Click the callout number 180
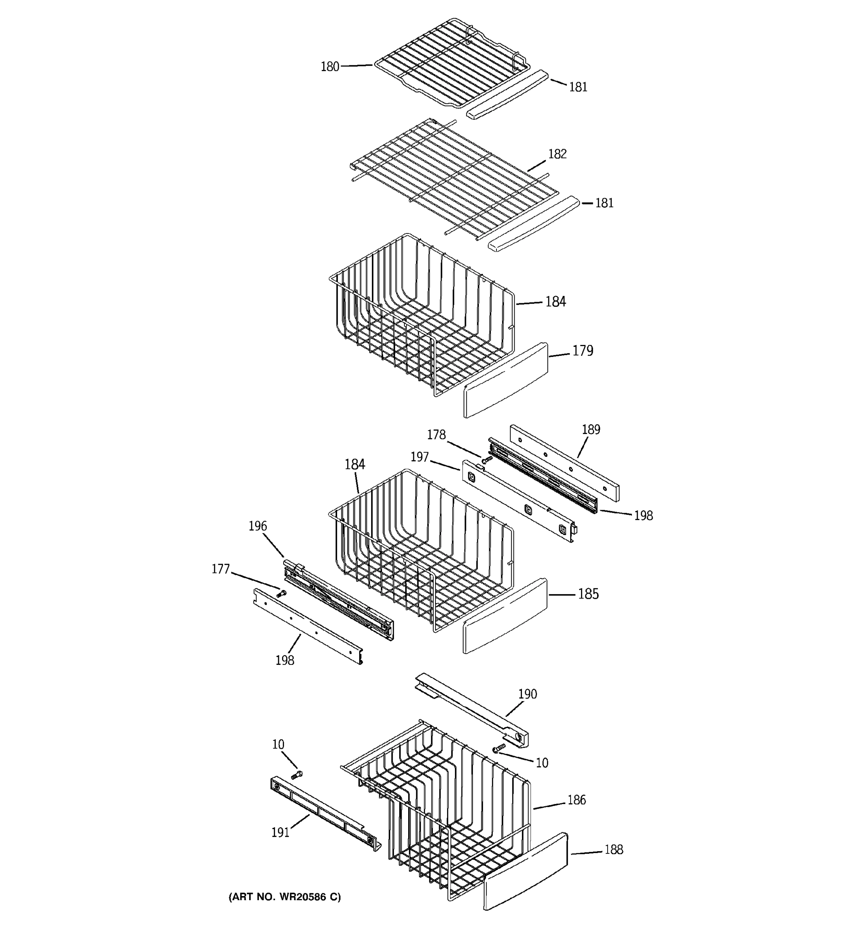[x=330, y=67]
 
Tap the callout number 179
[x=583, y=351]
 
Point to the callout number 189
[x=591, y=429]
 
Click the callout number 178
[x=436, y=434]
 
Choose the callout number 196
[x=258, y=526]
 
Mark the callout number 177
[x=221, y=569]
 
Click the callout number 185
[x=588, y=594]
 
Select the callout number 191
[x=280, y=832]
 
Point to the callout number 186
[x=576, y=800]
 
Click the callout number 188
[x=613, y=850]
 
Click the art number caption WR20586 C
[x=285, y=897]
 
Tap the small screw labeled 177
[x=281, y=593]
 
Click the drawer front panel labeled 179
[x=505, y=381]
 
